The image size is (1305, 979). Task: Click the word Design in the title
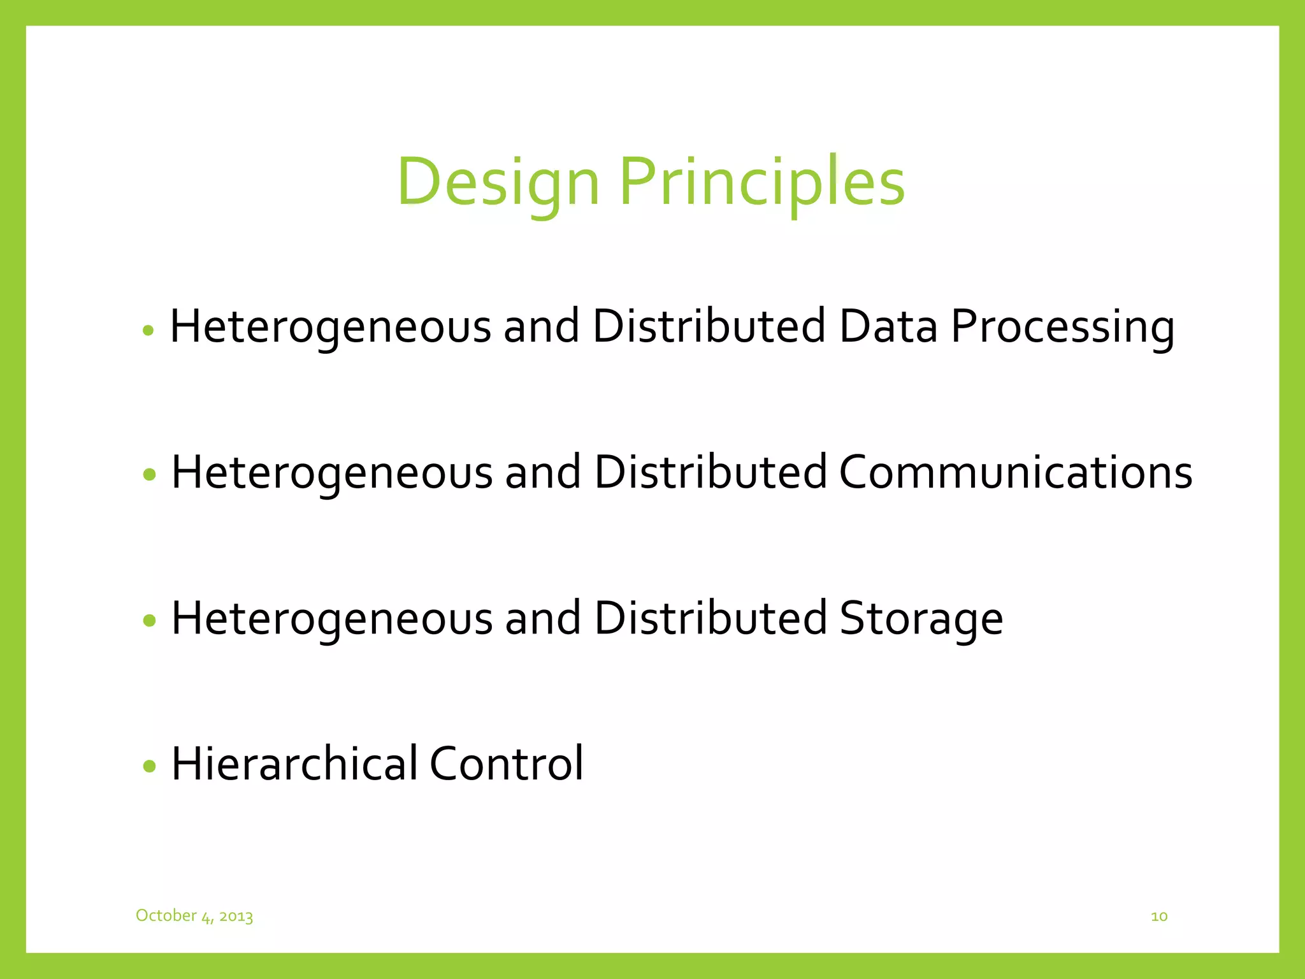pyautogui.click(x=498, y=183)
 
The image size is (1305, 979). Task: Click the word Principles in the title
pyautogui.click(x=762, y=183)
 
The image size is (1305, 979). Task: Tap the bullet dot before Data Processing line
pyautogui.click(x=148, y=330)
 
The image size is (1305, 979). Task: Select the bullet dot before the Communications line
pyautogui.click(x=150, y=474)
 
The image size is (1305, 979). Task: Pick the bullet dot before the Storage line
pyautogui.click(x=150, y=620)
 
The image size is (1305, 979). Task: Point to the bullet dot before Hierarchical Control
pyautogui.click(x=150, y=765)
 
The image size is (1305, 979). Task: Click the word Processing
pyautogui.click(x=1062, y=328)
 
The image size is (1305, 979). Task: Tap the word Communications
pyautogui.click(x=1015, y=473)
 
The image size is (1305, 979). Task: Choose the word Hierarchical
pyautogui.click(x=295, y=764)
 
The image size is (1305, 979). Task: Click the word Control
pyautogui.click(x=506, y=764)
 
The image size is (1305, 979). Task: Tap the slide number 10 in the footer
pyautogui.click(x=1159, y=917)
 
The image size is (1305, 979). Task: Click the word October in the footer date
pyautogui.click(x=166, y=915)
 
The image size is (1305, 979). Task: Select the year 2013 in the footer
pyautogui.click(x=236, y=917)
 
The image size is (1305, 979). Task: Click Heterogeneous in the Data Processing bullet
pyautogui.click(x=331, y=328)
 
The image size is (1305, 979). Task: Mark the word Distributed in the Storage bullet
pyautogui.click(x=710, y=618)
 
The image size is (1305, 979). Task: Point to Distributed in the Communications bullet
pyautogui.click(x=710, y=473)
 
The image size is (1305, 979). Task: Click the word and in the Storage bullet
pyautogui.click(x=543, y=618)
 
